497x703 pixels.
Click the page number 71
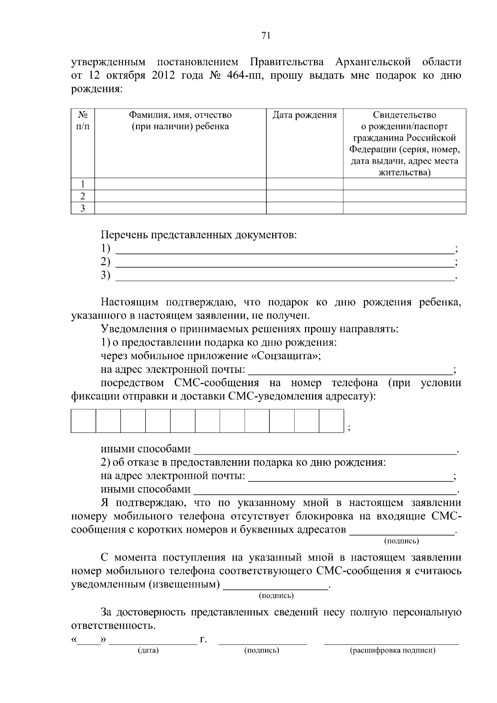click(x=266, y=36)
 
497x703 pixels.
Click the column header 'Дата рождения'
click(x=304, y=115)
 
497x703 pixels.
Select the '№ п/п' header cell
click(x=83, y=120)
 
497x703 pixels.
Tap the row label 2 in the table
click(x=83, y=196)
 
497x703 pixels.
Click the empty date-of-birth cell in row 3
click(x=304, y=208)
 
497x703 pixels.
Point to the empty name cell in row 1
click(x=180, y=184)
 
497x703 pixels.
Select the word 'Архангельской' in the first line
click(x=373, y=63)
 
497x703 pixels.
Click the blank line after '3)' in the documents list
click(x=284, y=277)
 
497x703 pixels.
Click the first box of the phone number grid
click(x=83, y=421)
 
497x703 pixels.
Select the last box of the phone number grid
click(x=331, y=421)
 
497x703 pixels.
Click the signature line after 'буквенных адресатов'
click(x=402, y=531)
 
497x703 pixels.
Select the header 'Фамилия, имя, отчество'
click(x=180, y=115)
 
